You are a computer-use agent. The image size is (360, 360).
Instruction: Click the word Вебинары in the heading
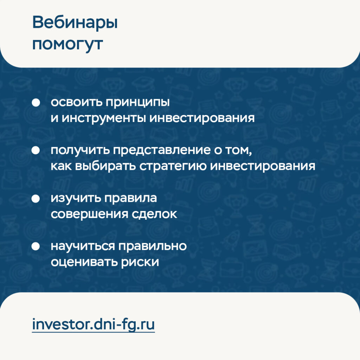pyautogui.click(x=75, y=23)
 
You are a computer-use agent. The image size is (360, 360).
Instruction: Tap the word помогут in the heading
pyautogui.click(x=67, y=44)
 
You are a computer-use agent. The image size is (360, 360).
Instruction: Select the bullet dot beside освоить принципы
pyautogui.click(x=36, y=102)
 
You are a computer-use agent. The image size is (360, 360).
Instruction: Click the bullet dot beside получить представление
pyautogui.click(x=36, y=150)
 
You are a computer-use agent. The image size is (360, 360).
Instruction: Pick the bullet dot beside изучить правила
pyautogui.click(x=36, y=199)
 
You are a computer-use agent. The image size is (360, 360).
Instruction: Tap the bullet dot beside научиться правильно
pyautogui.click(x=36, y=246)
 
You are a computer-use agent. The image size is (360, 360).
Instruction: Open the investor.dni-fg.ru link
pyautogui.click(x=93, y=324)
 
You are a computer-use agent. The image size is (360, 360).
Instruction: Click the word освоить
pyautogui.click(x=76, y=102)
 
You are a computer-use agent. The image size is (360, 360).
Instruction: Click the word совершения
pyautogui.click(x=89, y=214)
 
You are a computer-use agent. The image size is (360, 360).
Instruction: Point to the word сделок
pyautogui.click(x=154, y=214)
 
